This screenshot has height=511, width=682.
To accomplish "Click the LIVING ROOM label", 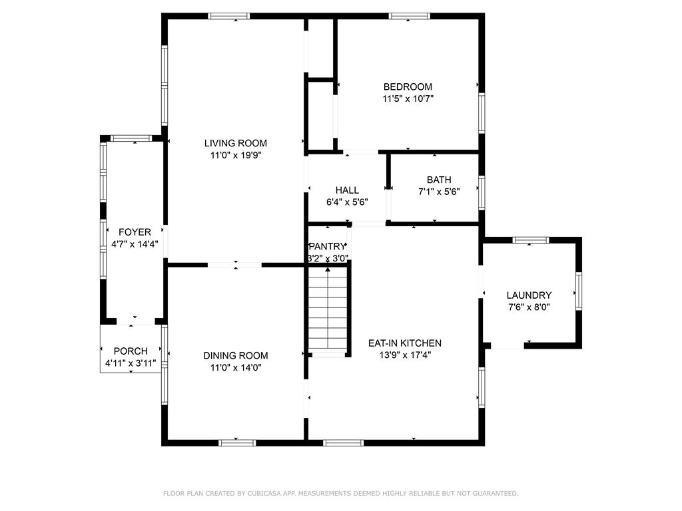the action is [235, 143].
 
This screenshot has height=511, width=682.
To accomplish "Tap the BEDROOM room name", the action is [408, 86].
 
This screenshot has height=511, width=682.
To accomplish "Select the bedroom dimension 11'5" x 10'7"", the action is [408, 98].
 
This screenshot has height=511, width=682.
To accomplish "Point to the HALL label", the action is [347, 190].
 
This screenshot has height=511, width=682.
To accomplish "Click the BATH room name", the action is [439, 180].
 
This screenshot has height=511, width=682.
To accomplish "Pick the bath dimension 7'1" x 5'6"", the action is [439, 192].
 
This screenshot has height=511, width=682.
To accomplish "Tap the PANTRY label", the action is [327, 246].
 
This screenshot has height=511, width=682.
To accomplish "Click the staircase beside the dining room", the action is [328, 309].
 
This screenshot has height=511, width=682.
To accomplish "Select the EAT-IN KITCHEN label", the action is [404, 343].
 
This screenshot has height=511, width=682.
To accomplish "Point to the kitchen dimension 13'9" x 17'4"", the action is [404, 355].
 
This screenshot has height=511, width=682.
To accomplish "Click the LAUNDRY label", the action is [529, 295].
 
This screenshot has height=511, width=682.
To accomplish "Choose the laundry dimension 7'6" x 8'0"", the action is [529, 307].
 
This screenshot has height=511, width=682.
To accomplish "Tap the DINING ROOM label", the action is [235, 355].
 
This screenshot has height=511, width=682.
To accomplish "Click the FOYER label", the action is [135, 232].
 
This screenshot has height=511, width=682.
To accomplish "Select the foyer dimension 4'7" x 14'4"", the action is [135, 244].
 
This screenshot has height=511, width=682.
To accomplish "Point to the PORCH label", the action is [131, 351].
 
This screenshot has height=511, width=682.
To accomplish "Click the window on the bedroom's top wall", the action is [410, 16].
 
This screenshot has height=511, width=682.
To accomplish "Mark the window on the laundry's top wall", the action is [531, 240].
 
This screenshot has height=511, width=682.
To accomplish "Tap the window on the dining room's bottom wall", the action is [237, 442].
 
